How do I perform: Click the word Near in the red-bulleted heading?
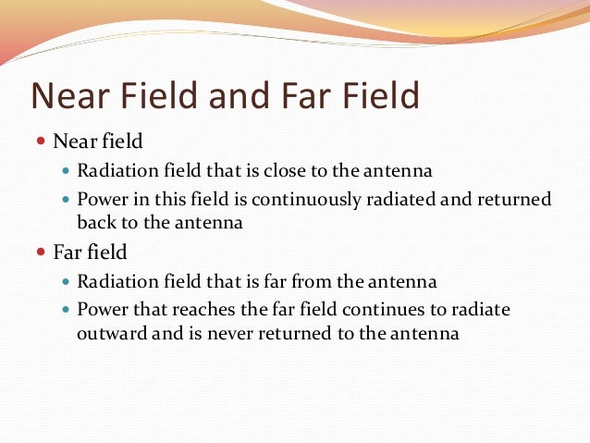pyautogui.click(x=71, y=141)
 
